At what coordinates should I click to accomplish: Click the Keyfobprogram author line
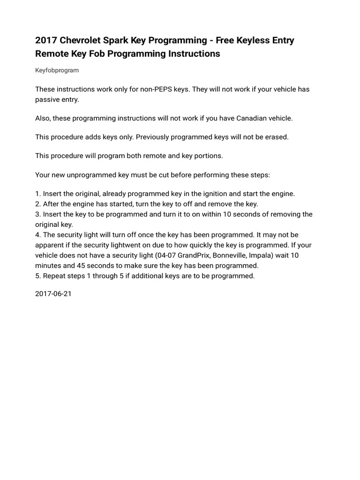click(57, 70)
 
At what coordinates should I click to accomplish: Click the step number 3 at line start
click(37, 214)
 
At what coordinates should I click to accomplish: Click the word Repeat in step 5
click(54, 276)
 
